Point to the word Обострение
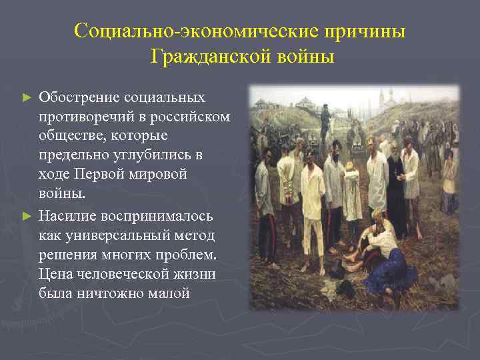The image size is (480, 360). point(79,97)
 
